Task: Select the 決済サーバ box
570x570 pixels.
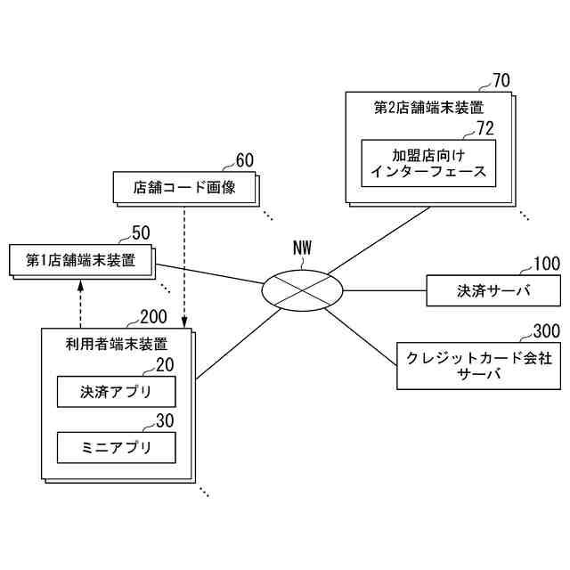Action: click(493, 290)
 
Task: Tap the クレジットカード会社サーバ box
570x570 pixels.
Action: click(478, 366)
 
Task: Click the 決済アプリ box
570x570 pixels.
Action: click(116, 391)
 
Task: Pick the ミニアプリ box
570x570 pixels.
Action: click(116, 447)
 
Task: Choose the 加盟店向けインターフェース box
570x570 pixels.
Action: click(428, 162)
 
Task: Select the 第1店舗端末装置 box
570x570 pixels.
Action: click(80, 260)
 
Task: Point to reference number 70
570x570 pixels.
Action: click(501, 82)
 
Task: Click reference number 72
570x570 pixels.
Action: click(485, 128)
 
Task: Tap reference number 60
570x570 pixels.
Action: click(244, 160)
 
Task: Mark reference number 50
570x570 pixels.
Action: click(141, 233)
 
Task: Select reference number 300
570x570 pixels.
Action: click(546, 331)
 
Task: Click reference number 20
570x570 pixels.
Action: click(165, 364)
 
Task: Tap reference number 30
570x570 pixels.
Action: click(165, 420)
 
